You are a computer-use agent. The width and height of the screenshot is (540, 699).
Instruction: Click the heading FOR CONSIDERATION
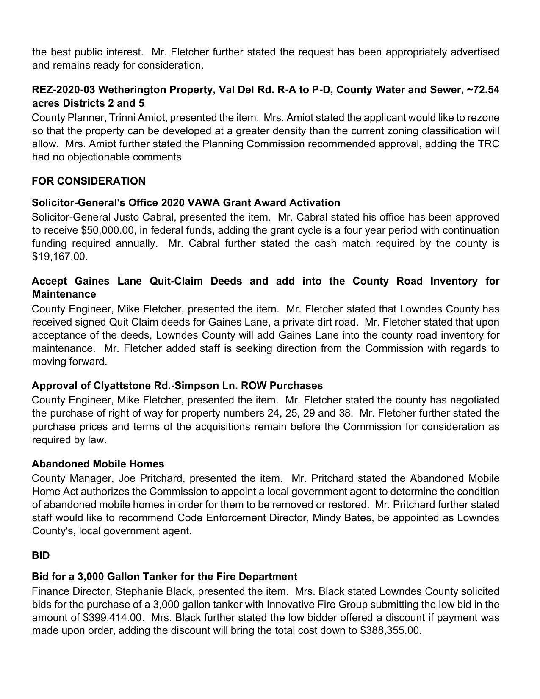(x=88, y=181)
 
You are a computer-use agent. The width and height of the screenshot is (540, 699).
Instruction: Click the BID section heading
(x=41, y=555)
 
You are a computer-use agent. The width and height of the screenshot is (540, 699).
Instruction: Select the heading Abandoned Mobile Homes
(x=98, y=464)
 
